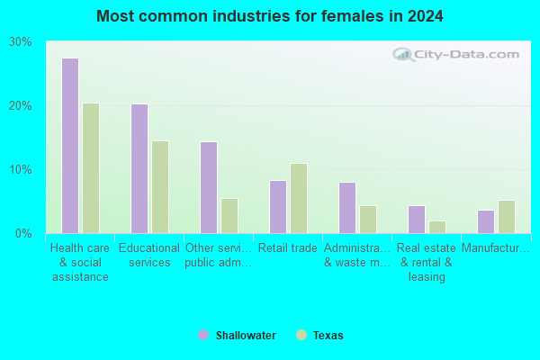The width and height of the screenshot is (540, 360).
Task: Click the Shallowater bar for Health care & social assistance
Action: tap(70, 146)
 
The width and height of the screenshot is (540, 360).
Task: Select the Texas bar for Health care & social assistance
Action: tap(91, 168)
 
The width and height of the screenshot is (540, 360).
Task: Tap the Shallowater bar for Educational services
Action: tap(139, 169)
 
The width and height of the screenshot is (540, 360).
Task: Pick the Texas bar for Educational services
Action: tap(160, 187)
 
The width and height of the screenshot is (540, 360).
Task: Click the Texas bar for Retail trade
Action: tap(299, 198)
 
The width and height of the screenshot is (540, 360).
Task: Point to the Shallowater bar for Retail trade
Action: tap(278, 207)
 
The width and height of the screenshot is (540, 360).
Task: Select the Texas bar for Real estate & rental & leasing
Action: tap(437, 228)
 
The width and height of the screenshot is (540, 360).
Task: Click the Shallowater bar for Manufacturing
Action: tap(486, 222)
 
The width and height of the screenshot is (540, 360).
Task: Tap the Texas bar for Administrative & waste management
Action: tap(368, 220)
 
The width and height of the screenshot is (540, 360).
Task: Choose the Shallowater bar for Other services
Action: tap(209, 188)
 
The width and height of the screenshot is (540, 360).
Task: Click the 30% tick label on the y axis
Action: tap(21, 42)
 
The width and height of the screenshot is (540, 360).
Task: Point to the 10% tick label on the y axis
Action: tap(21, 170)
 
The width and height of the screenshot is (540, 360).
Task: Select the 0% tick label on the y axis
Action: tap(23, 234)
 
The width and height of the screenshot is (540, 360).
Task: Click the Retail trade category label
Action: tap(288, 248)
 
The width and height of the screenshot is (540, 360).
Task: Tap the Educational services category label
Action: tap(149, 256)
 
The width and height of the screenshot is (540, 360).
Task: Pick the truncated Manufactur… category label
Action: tap(496, 248)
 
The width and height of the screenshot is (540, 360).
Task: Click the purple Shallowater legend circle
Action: tap(203, 335)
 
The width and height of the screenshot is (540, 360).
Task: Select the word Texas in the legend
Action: tap(328, 336)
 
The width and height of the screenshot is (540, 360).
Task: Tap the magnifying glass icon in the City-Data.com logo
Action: tap(403, 54)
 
